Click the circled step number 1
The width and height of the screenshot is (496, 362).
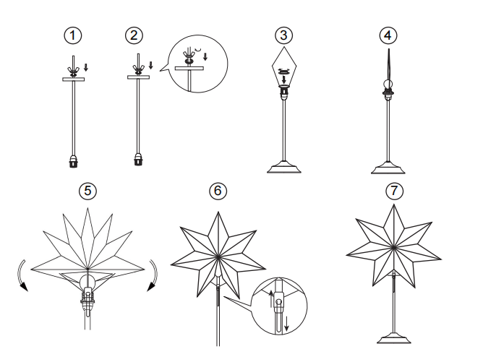tap(73, 35)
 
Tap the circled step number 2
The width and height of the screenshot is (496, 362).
tap(134, 35)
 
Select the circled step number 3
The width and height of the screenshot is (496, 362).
tap(283, 35)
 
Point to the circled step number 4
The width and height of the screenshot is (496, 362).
tap(388, 35)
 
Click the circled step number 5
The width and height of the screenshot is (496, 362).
tap(87, 191)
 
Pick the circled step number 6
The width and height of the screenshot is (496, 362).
tap(218, 191)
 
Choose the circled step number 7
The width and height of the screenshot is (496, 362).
tap(394, 191)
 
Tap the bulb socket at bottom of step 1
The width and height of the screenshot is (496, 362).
tap(74, 161)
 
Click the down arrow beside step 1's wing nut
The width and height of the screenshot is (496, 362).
tap(86, 67)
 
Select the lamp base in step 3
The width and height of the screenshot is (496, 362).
tap(284, 167)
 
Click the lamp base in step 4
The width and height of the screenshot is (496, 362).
tap(388, 168)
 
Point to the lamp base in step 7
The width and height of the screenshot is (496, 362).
tap(394, 338)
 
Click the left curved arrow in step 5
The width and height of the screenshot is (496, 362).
tap(20, 274)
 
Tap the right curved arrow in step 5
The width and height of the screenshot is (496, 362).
tap(154, 274)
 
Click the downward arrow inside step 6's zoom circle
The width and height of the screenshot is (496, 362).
tap(286, 324)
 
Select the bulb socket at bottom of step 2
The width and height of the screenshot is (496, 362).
tap(138, 160)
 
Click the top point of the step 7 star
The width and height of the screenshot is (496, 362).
tap(394, 204)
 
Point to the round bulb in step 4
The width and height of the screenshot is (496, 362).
tap(388, 85)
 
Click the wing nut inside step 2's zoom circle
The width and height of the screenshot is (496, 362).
tap(189, 58)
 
